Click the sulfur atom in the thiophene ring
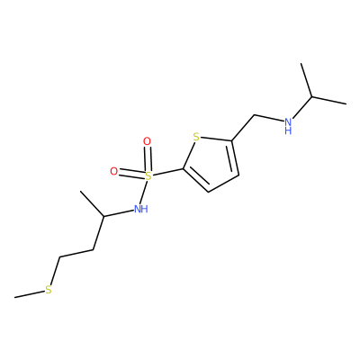[x=196, y=138]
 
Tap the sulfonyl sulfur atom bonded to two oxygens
[x=148, y=176]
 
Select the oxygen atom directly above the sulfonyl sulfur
[x=147, y=141]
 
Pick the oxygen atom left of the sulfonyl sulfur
[x=113, y=171]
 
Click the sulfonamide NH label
[x=141, y=209]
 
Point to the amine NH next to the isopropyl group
[x=288, y=126]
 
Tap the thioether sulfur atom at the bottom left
[x=49, y=290]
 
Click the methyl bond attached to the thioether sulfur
[x=29, y=294]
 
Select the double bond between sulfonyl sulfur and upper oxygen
[x=148, y=158]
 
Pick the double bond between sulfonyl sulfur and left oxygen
[x=131, y=174]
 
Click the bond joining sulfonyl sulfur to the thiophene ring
[x=167, y=172]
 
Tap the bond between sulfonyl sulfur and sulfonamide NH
[x=145, y=192]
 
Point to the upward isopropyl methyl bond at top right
[x=306, y=80]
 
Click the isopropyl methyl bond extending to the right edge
[x=329, y=101]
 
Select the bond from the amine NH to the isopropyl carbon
[x=302, y=108]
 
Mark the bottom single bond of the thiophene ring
[x=223, y=184]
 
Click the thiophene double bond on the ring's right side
[x=234, y=157]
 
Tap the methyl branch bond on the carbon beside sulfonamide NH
[x=92, y=203]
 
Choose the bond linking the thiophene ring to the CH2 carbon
[x=243, y=128]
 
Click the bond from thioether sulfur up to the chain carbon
[x=55, y=271]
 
